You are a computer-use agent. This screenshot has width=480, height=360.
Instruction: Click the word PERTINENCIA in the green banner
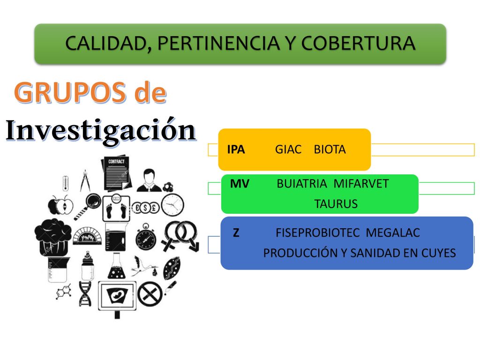pos(218,43)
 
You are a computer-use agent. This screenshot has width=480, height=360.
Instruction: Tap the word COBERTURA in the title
pos(358,43)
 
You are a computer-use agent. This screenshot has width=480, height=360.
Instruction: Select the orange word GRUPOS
pos(70,92)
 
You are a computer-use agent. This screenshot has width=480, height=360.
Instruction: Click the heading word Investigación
pos(101,130)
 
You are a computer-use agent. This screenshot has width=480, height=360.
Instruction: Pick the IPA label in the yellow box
pos(236,150)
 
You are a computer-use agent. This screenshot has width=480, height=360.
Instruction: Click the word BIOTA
pos(330,150)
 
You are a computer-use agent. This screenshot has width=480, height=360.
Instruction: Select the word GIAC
pos(288,150)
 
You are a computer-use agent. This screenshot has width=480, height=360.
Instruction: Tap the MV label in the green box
pos(240,184)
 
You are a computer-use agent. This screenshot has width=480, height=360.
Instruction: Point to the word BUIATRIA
pos(302,184)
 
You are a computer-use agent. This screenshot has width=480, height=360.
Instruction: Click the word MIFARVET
pos(361,184)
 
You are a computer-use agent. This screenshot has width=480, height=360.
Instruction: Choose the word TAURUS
pos(336,204)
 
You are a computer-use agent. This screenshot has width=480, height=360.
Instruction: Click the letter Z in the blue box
pos(236,233)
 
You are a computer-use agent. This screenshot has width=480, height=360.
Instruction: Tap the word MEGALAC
pos(393,233)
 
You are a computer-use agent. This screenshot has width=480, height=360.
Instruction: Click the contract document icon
pos(116,173)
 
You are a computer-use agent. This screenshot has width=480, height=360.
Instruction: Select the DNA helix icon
pos(85,294)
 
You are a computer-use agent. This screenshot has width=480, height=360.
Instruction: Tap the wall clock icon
pos(172,205)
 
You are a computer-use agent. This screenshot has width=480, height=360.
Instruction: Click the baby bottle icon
pos(88,266)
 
